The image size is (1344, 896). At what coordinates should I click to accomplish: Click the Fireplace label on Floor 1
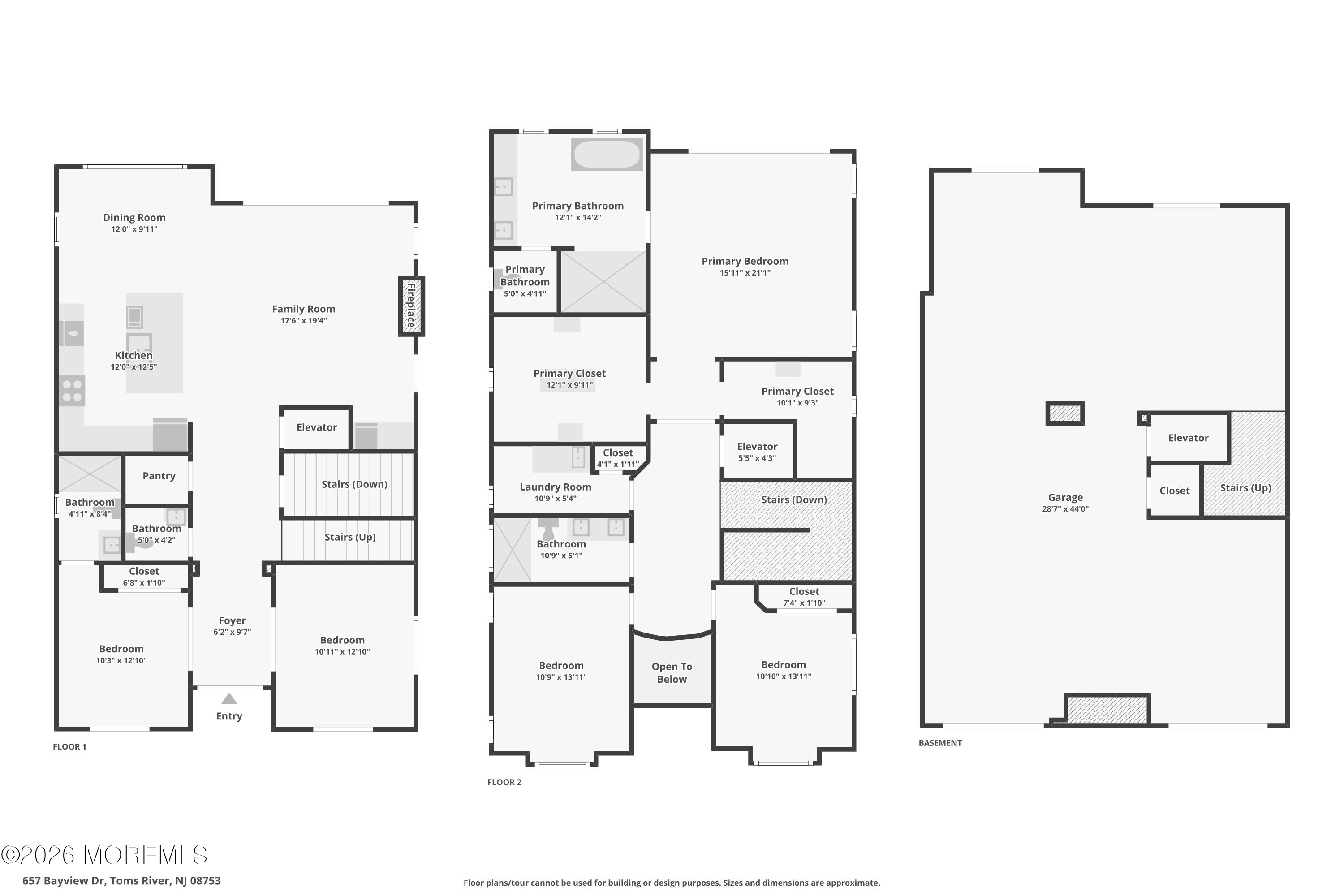coord(411,306)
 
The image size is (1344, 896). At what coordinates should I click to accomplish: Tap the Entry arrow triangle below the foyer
coord(229,698)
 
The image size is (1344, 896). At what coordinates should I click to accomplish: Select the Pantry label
coord(159,476)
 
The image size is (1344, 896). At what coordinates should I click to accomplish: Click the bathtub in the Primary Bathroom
coord(607,154)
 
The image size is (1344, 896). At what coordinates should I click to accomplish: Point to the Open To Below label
coord(672,672)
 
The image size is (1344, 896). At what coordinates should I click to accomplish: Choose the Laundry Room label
coord(556,487)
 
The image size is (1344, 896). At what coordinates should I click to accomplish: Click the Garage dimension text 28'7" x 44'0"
coord(1065,509)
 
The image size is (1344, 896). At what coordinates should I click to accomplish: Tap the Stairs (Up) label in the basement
coord(1246,488)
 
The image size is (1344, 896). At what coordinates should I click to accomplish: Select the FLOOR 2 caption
coord(504,782)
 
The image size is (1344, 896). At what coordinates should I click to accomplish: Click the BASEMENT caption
coord(940,743)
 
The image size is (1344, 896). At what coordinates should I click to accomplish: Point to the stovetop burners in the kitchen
coord(72,391)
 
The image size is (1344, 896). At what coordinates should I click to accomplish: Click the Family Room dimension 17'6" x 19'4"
coord(303,321)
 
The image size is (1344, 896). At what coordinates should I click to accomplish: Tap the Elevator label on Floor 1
coord(317,427)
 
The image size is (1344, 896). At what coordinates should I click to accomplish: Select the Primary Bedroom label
coord(745,261)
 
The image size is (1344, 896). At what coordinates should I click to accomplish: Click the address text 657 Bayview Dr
coord(64,881)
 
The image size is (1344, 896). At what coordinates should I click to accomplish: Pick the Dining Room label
coord(134,218)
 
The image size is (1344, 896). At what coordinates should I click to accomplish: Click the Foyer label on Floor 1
coord(232,620)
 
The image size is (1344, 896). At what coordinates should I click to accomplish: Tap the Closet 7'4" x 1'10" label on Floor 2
coord(804,597)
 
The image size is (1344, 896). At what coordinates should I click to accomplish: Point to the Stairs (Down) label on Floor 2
coord(794,500)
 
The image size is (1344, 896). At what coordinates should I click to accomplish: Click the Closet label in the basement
coord(1174,491)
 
